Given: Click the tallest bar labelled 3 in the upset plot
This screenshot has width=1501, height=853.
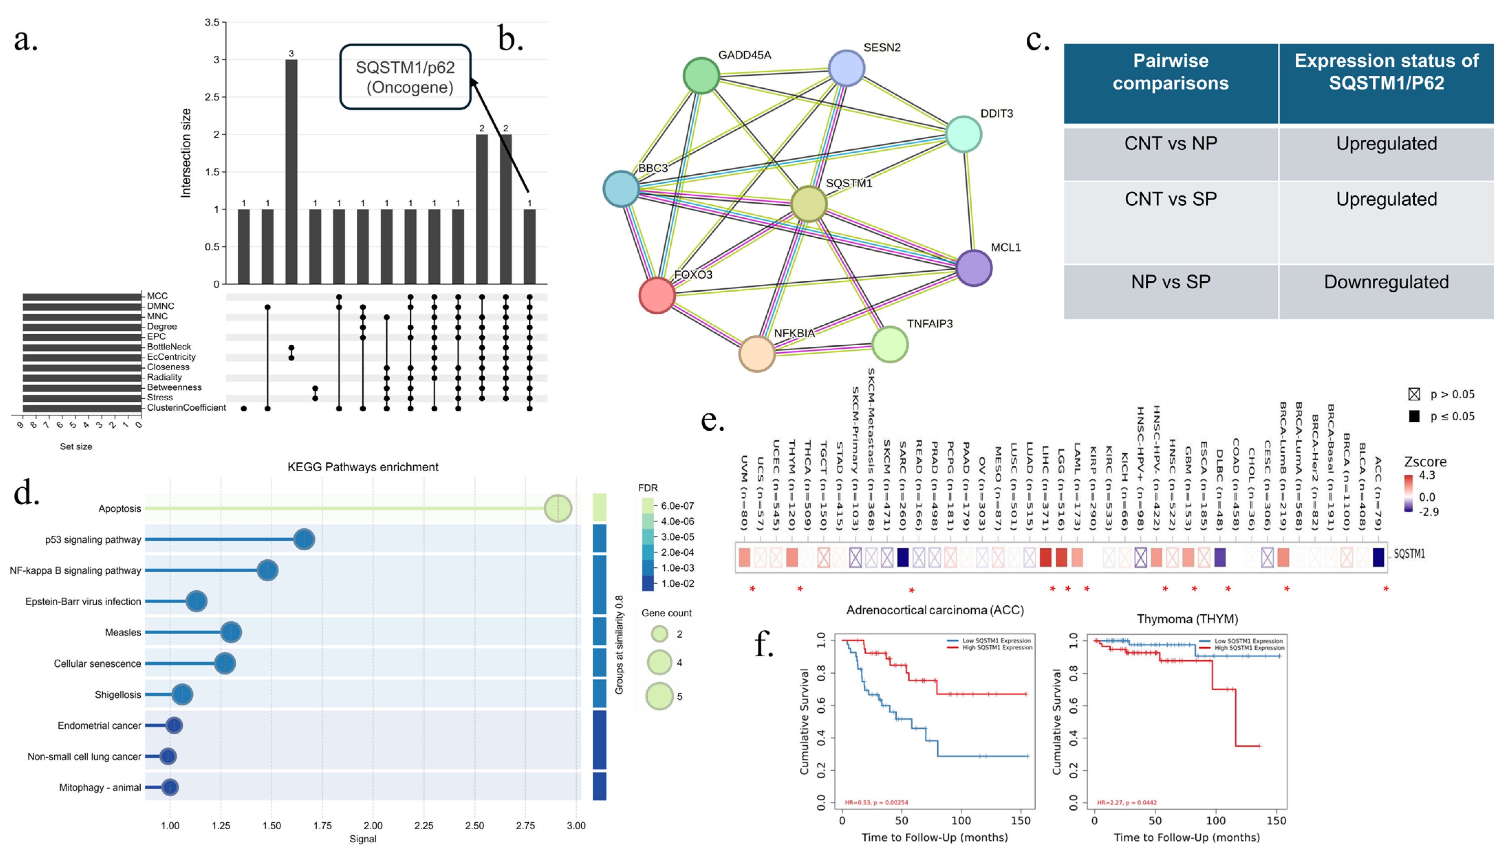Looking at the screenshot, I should pos(291,172).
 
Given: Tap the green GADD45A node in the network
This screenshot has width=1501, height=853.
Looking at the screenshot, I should pos(701,76).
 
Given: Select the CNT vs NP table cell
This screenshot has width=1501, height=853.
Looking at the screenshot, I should pos(1170,143).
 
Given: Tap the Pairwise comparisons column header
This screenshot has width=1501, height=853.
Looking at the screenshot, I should pos(1170,72).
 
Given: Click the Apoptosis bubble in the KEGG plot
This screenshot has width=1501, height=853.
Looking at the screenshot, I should pos(558,508).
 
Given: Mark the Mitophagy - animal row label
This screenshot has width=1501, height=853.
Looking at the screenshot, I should pos(100,787).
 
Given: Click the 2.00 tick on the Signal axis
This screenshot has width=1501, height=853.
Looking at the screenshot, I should pos(373,825).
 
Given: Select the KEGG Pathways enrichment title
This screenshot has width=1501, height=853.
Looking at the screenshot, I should pos(363,467).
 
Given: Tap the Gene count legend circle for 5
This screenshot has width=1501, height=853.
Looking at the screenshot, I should pos(660,696).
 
